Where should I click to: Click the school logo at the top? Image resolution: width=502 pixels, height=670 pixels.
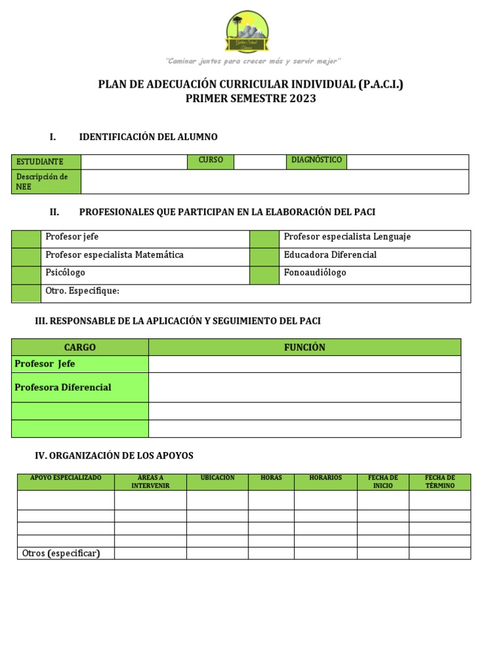tap(247, 33)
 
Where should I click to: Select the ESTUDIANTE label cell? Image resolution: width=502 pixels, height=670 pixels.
tap(46, 162)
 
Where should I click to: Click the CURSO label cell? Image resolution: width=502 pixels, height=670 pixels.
tap(210, 161)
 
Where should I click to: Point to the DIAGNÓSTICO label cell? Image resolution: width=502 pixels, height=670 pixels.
tap(316, 161)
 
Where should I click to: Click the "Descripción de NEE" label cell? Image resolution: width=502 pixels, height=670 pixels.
tap(46, 182)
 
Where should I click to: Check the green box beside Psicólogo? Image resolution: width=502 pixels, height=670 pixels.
tap(27, 275)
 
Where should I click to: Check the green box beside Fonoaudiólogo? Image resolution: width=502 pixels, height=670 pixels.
tap(265, 275)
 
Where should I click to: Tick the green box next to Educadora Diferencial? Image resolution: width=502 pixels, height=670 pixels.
tap(265, 256)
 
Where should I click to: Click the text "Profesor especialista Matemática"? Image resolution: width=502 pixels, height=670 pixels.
tap(114, 255)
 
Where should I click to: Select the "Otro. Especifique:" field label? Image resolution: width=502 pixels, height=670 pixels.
tap(82, 291)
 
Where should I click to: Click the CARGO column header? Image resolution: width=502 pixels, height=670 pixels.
tap(80, 347)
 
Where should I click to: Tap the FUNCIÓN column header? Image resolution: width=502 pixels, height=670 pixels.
tap(305, 347)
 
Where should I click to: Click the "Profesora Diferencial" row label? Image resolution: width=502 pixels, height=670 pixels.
tap(63, 387)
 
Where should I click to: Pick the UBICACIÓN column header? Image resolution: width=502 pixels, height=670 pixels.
tap(217, 478)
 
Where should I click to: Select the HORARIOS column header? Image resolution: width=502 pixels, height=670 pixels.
tap(326, 478)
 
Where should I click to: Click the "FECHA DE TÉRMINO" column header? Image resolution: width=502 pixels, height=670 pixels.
tap(440, 482)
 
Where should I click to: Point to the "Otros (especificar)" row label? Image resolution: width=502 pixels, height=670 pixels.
tap(61, 554)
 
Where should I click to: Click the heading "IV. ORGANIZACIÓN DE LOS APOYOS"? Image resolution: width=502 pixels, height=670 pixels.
tap(114, 455)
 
